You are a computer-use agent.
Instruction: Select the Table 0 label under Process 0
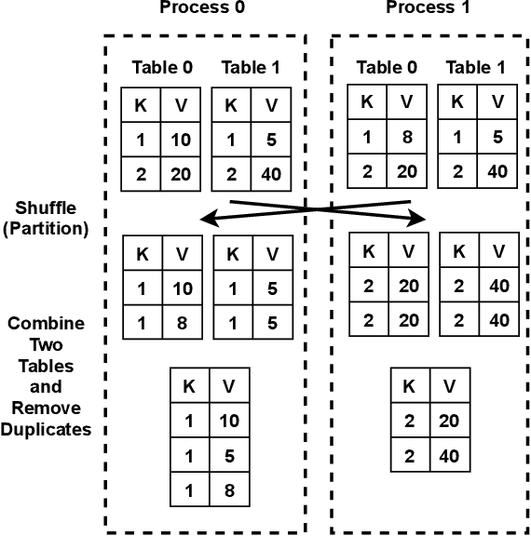(x=163, y=68)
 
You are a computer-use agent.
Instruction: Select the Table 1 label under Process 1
(x=475, y=67)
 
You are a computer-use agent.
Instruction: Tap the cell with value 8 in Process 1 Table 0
(x=405, y=137)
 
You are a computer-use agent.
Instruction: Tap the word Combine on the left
(x=46, y=325)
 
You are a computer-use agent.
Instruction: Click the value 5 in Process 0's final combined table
(x=229, y=456)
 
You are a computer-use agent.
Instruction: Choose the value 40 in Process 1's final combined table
(x=448, y=457)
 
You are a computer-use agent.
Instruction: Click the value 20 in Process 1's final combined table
(x=448, y=422)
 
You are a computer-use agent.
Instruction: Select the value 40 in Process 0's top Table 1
(x=272, y=174)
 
